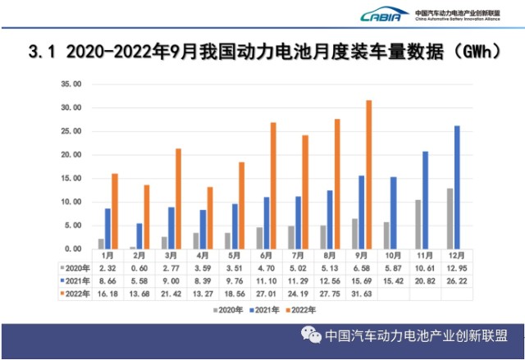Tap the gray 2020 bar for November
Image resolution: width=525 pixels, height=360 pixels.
click(x=418, y=224)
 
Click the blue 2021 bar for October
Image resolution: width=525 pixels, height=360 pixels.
click(x=393, y=212)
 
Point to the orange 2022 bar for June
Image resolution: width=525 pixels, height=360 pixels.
click(x=273, y=185)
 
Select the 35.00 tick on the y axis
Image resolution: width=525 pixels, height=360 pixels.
click(x=72, y=84)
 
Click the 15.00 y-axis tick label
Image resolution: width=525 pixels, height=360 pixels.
click(x=72, y=178)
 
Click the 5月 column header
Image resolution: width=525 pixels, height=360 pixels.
click(x=235, y=256)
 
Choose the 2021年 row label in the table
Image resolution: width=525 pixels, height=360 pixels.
click(x=75, y=279)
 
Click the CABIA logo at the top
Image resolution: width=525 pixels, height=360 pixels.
click(x=383, y=14)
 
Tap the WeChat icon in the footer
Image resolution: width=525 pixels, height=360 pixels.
click(x=311, y=335)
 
